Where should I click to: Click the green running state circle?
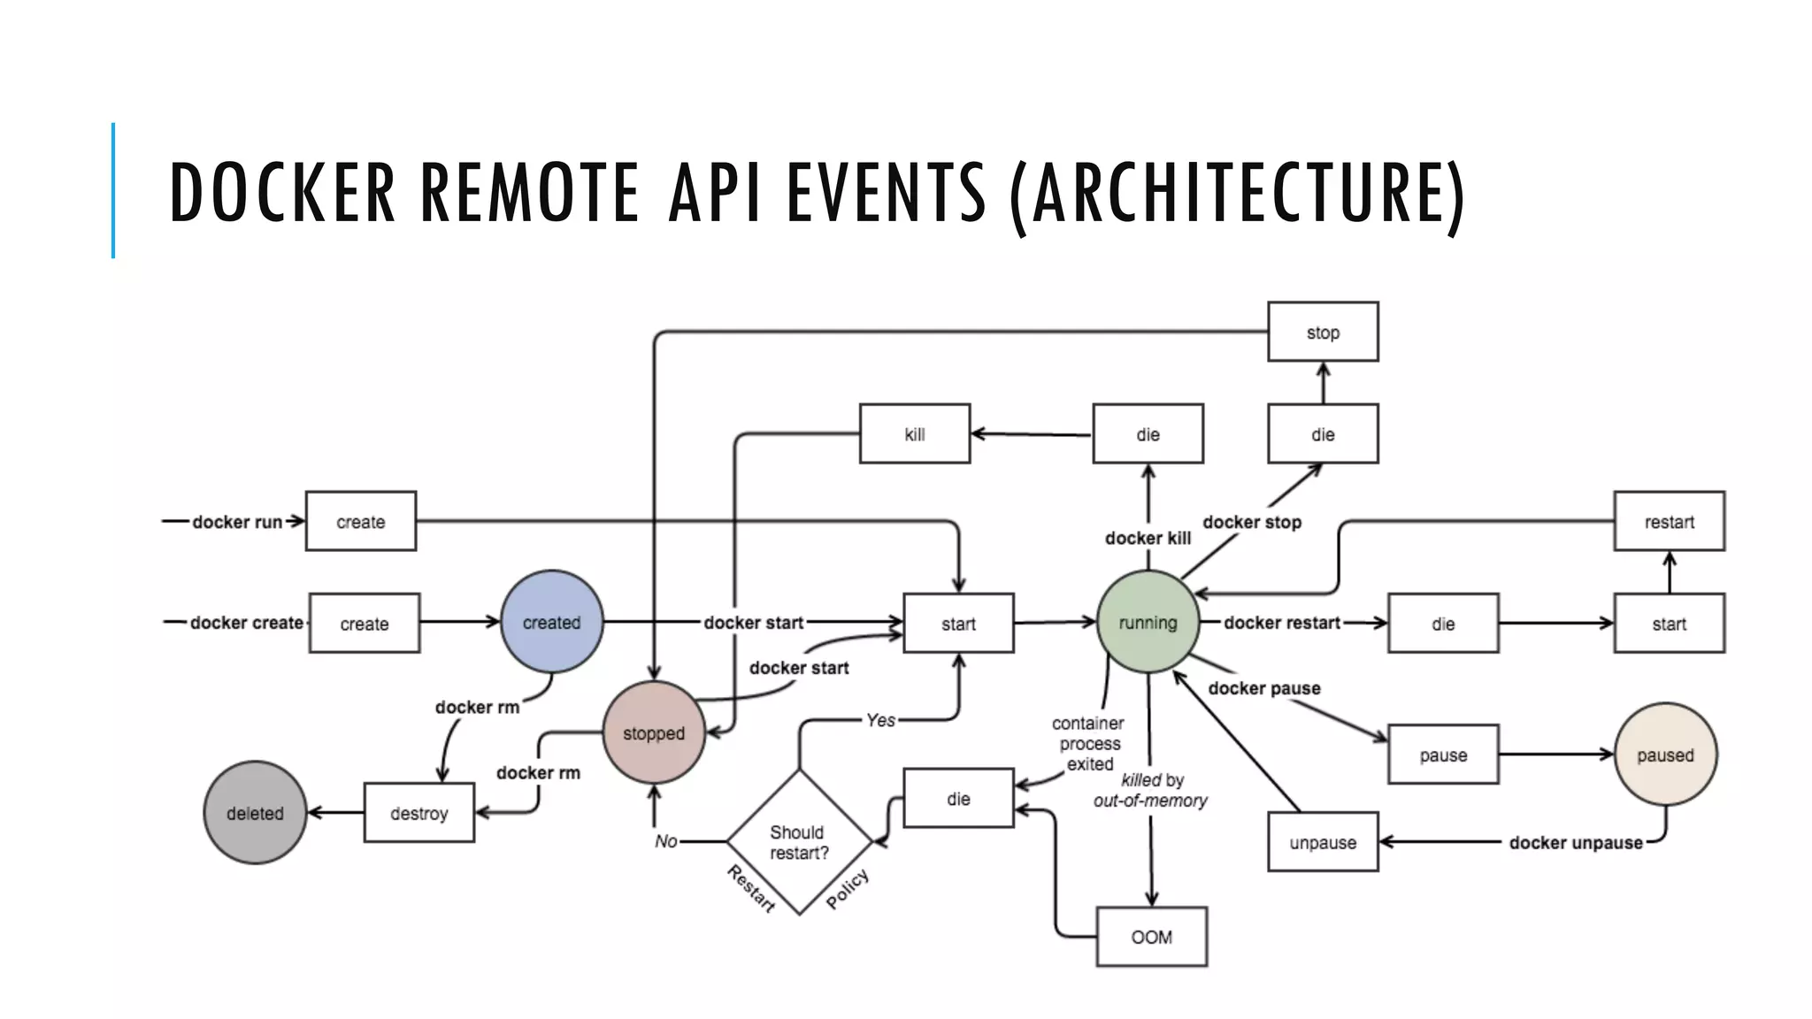(1148, 622)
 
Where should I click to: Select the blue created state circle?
(551, 622)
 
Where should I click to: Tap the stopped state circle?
(654, 732)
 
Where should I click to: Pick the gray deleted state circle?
(255, 812)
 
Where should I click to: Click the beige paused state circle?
(1665, 755)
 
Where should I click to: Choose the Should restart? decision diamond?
(799, 842)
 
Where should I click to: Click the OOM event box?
(1151, 937)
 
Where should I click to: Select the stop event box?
(1323, 332)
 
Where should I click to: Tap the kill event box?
(914, 433)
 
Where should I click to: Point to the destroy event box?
(418, 812)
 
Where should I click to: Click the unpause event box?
(1323, 842)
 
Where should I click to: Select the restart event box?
(1669, 521)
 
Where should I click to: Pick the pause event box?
(1443, 755)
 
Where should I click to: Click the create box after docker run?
(360, 521)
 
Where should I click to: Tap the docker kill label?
(1148, 538)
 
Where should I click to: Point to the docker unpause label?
(1575, 842)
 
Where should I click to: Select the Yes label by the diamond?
(880, 720)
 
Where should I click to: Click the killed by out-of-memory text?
(1150, 790)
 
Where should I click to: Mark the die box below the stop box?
(1323, 433)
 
